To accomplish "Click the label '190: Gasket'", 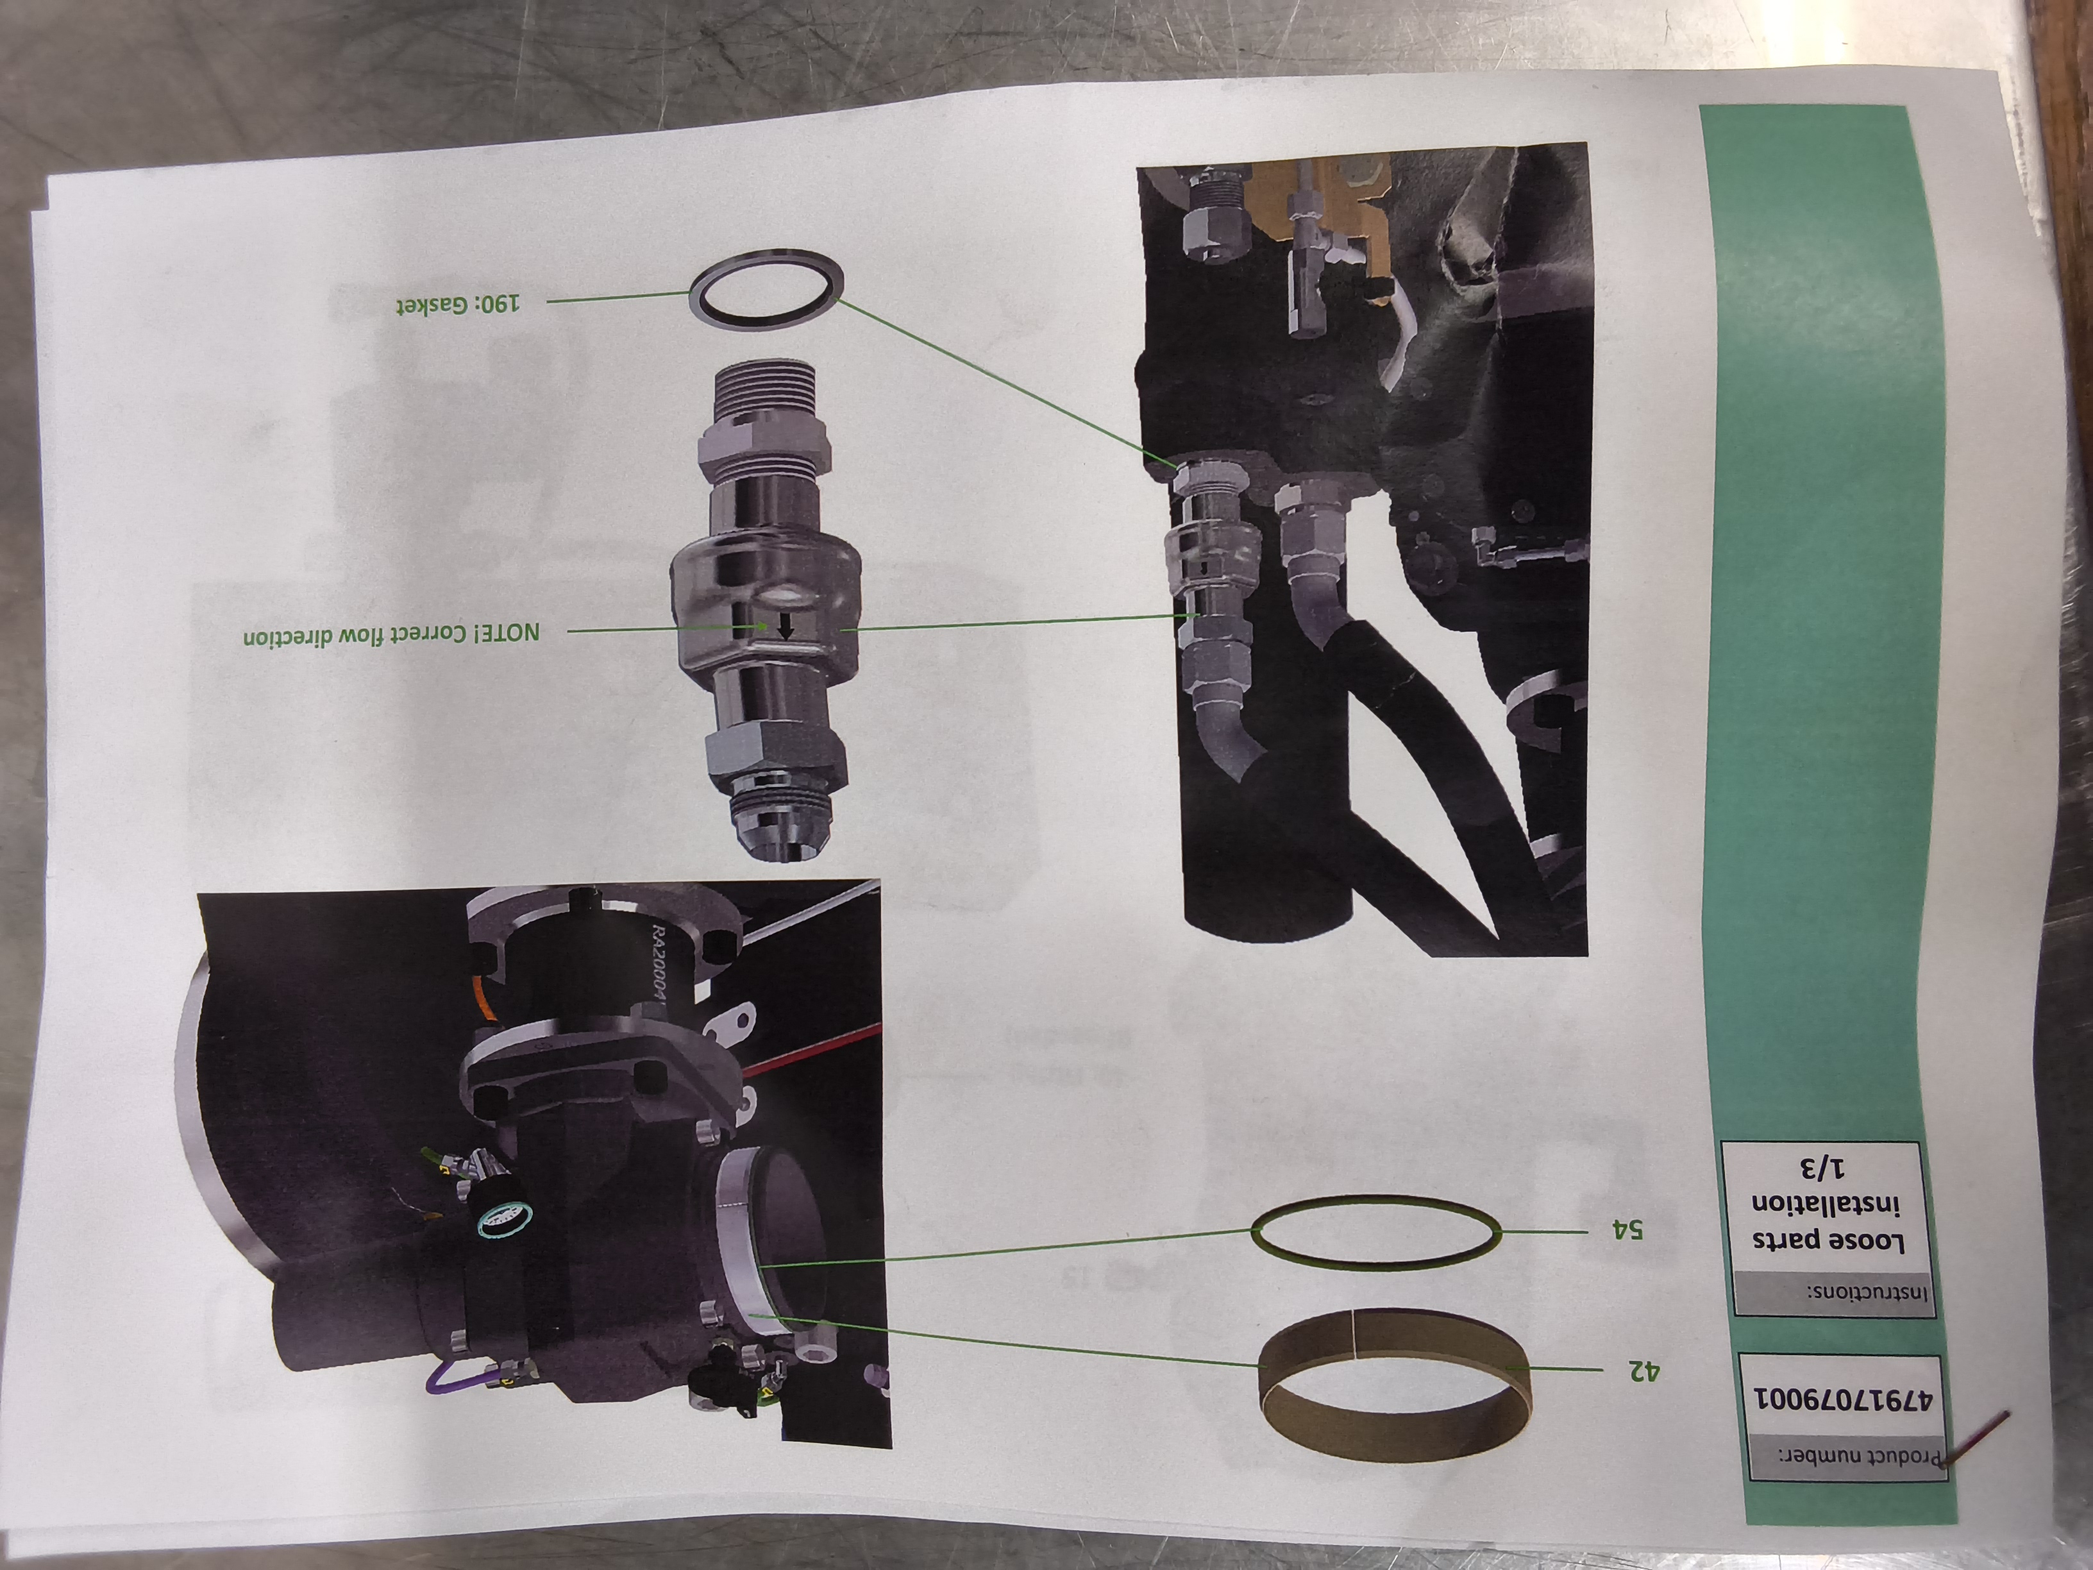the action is coord(458,305).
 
